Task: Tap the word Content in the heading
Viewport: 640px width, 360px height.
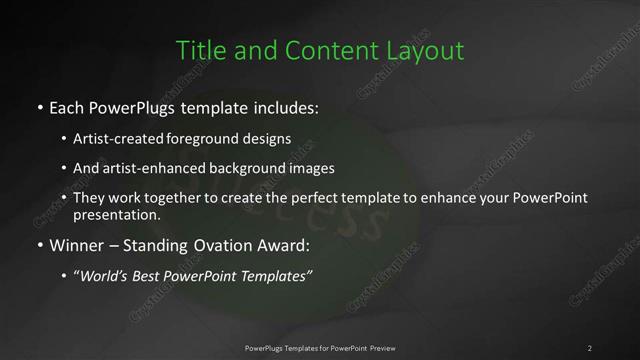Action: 324,50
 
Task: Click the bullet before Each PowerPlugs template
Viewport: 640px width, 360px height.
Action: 39,105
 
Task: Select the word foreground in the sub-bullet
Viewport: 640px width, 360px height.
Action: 205,140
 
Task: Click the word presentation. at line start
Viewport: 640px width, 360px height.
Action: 116,214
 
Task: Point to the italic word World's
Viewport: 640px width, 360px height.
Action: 105,276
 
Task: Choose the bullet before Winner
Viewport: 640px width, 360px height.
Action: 39,245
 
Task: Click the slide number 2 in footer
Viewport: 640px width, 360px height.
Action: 589,347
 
